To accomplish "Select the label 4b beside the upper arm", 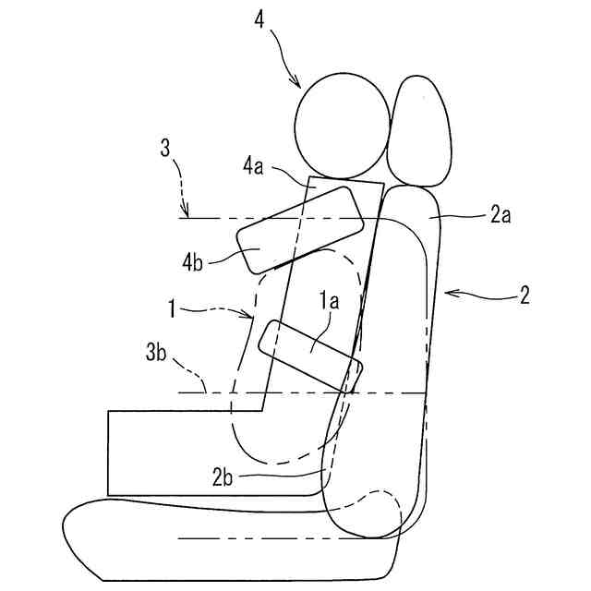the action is tap(193, 261).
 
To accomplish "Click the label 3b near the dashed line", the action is tap(156, 355).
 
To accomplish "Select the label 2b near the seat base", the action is tap(223, 476).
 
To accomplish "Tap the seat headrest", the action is tap(421, 132).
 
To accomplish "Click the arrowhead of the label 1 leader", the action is tap(253, 320).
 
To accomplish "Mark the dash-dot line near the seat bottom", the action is tap(277, 537).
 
